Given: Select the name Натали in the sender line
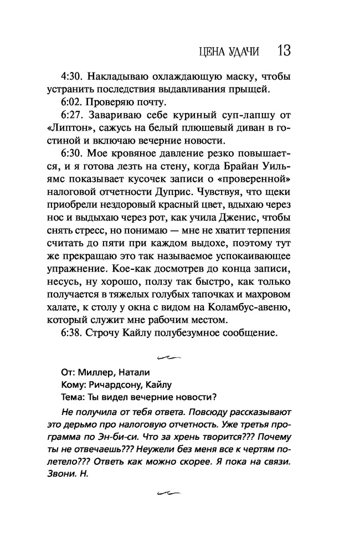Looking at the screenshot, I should tap(131, 372).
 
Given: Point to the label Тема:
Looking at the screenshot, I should tap(74, 397).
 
